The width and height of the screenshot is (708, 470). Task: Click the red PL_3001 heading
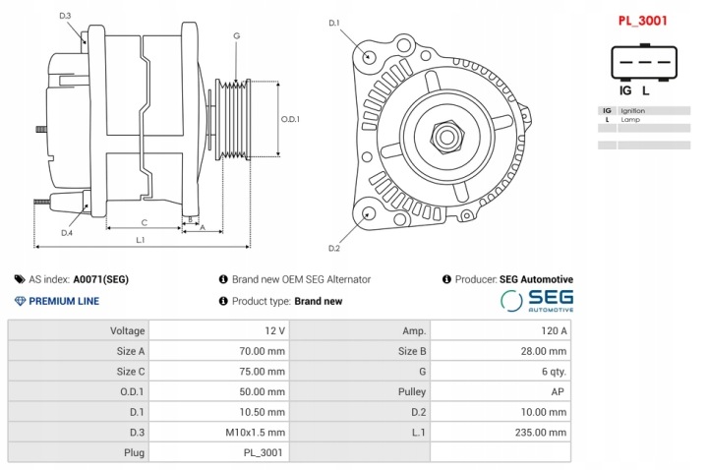[643, 19]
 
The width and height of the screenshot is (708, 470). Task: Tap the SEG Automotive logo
[537, 300]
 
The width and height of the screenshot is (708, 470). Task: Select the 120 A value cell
[501, 330]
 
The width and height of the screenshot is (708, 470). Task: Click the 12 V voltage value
[217, 330]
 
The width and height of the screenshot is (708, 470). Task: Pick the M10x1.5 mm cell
[217, 432]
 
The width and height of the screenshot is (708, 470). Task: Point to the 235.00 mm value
[501, 432]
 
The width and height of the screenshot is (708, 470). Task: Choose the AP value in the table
[501, 391]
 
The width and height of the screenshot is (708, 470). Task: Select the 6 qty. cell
[501, 372]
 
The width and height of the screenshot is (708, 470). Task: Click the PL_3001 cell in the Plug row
[217, 452]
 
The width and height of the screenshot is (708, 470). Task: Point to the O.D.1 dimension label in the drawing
[290, 119]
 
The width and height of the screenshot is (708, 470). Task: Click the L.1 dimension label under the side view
[142, 239]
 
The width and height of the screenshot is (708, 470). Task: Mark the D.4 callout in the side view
[66, 233]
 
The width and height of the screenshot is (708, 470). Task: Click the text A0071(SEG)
[101, 279]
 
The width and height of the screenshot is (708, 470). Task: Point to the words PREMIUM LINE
[63, 301]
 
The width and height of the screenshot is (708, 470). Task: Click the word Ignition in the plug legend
[633, 110]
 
